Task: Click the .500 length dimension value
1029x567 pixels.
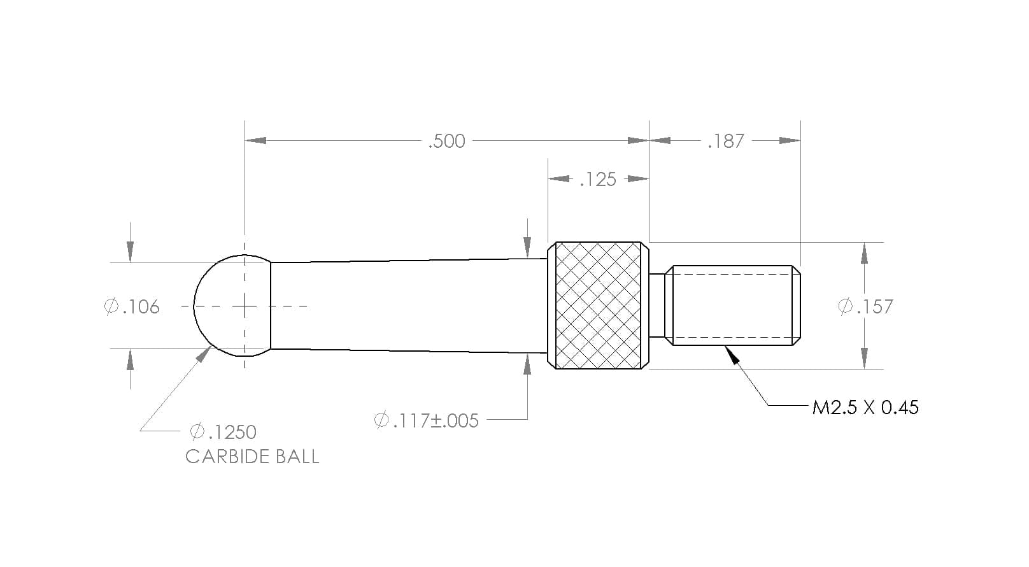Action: tap(446, 141)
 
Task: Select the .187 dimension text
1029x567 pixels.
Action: tap(725, 141)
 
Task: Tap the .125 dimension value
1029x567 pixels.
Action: tap(598, 179)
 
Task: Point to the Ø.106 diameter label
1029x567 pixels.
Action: tap(132, 306)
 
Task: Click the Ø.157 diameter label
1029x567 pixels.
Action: tap(865, 306)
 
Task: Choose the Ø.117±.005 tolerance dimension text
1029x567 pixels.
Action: tap(426, 420)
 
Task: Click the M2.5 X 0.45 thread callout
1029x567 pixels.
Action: tap(865, 408)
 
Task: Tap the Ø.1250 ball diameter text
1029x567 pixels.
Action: tap(224, 432)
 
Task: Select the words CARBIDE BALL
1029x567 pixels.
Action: tap(252, 457)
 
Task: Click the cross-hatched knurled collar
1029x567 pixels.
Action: tap(598, 306)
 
